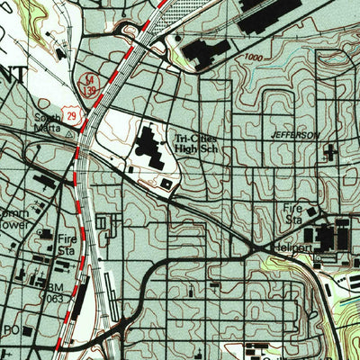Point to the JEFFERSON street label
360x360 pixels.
pos(294,134)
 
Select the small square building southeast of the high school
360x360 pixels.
pos(166,184)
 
